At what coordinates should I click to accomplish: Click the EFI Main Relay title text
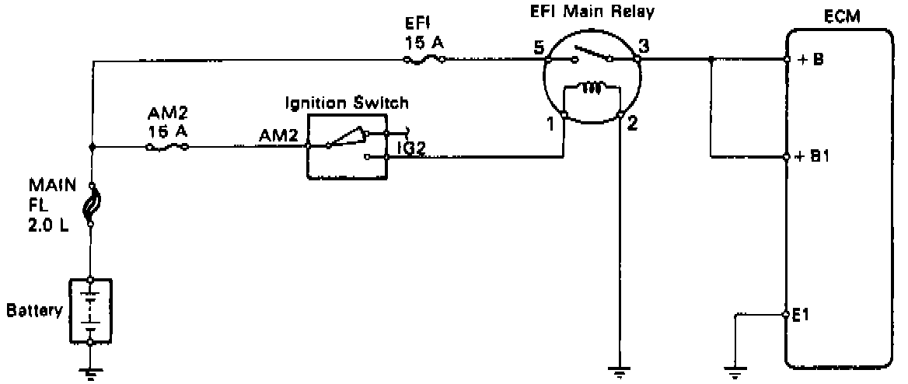(592, 12)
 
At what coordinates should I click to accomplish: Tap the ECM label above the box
(841, 17)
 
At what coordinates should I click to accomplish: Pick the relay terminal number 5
(539, 48)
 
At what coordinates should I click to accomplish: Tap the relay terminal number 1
(550, 124)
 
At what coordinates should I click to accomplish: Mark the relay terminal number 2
(632, 124)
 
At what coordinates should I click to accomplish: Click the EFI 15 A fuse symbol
(424, 58)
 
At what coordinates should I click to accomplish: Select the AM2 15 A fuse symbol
(167, 147)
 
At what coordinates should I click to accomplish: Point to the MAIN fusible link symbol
(93, 204)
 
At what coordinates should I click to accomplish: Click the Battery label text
(35, 310)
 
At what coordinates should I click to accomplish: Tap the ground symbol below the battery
(90, 374)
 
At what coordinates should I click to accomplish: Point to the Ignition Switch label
(347, 103)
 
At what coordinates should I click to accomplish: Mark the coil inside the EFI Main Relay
(592, 88)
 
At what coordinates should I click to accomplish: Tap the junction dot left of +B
(711, 59)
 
